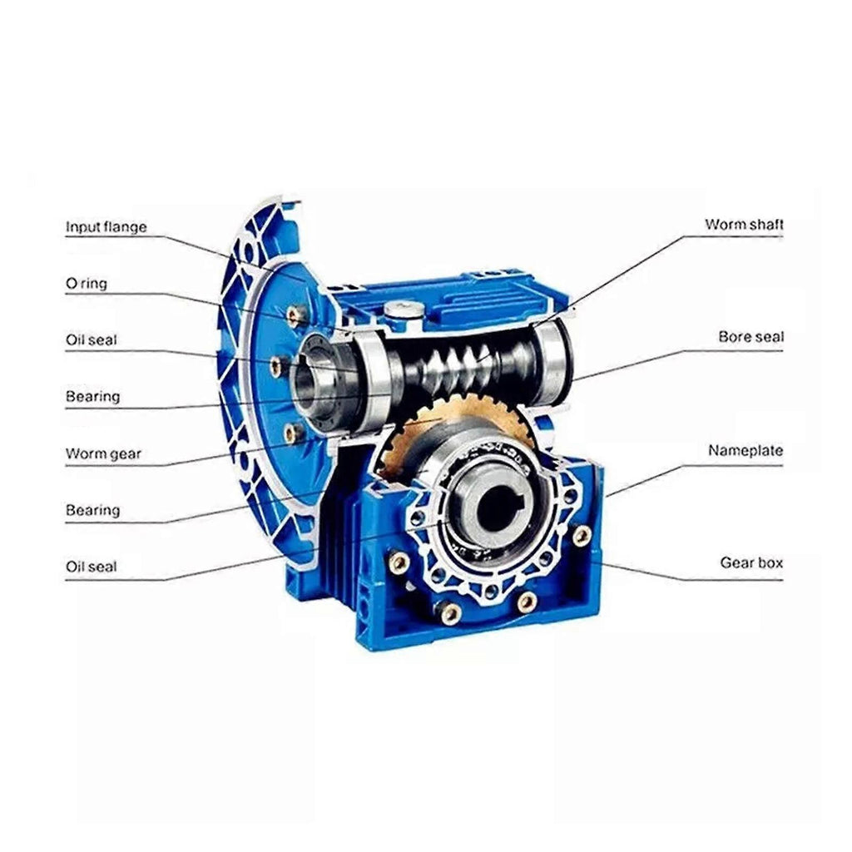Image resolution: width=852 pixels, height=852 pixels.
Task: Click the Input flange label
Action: pyautogui.click(x=106, y=226)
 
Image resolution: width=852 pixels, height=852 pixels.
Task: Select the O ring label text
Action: pyautogui.click(x=87, y=284)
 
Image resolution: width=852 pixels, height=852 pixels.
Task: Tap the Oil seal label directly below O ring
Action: pyautogui.click(x=92, y=340)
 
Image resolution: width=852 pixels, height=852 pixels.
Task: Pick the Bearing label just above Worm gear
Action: pyautogui.click(x=92, y=397)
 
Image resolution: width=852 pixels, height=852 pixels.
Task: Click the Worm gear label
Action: pyautogui.click(x=103, y=453)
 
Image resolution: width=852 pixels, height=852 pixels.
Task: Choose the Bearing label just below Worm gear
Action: pyautogui.click(x=92, y=510)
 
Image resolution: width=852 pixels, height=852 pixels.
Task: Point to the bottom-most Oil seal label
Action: pyautogui.click(x=92, y=567)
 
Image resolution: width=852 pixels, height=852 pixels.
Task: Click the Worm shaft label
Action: pyautogui.click(x=745, y=225)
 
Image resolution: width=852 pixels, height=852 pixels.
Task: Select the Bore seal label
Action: pyautogui.click(x=751, y=337)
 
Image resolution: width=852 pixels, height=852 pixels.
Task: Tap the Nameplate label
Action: pyautogui.click(x=745, y=450)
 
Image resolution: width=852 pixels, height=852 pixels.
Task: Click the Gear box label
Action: pyautogui.click(x=751, y=562)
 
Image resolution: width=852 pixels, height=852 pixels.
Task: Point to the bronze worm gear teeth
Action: pyautogui.click(x=413, y=429)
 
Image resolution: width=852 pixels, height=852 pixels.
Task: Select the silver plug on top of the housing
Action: pyautogui.click(x=404, y=312)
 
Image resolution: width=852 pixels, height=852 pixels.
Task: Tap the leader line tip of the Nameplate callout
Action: pyautogui.click(x=606, y=497)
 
